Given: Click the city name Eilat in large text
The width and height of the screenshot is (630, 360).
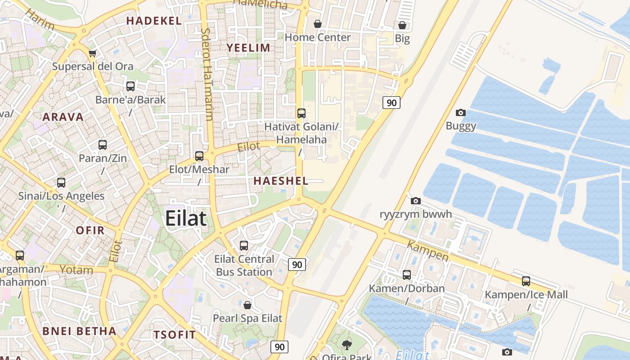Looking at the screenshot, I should tap(186, 219).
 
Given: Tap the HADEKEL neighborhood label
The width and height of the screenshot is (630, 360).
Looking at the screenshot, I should tap(154, 21).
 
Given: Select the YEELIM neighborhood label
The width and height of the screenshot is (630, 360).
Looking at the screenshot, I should tap(248, 48).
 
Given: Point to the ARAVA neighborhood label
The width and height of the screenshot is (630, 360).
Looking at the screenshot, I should tap(63, 117).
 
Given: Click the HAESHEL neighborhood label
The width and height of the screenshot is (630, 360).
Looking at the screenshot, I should tap(281, 181).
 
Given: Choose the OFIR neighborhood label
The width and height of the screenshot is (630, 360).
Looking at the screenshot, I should tap(90, 230).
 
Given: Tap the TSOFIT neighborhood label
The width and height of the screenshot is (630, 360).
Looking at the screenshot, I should tap(175, 335).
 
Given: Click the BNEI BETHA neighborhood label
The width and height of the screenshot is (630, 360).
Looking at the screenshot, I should tap(79, 331).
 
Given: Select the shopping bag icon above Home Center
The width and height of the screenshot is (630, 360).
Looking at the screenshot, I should tap(318, 24).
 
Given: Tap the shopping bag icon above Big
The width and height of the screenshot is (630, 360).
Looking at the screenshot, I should tap(402, 25).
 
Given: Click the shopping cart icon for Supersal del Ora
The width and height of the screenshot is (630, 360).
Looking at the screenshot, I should tap(93, 54).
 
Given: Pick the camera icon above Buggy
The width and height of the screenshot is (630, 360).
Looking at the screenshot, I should tap(461, 112).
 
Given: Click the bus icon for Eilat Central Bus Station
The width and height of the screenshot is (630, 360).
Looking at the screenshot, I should tap(244, 246).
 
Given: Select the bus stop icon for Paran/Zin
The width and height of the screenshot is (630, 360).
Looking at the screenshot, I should tap(103, 145).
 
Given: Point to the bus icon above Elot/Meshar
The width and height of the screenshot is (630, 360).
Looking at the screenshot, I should tap(199, 156).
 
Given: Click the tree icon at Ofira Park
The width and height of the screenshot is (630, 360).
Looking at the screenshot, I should tap(347, 345).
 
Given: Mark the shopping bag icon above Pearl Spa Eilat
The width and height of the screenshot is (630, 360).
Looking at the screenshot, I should tap(247, 306).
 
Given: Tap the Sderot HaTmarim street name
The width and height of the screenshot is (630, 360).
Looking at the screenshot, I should tap(207, 75).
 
